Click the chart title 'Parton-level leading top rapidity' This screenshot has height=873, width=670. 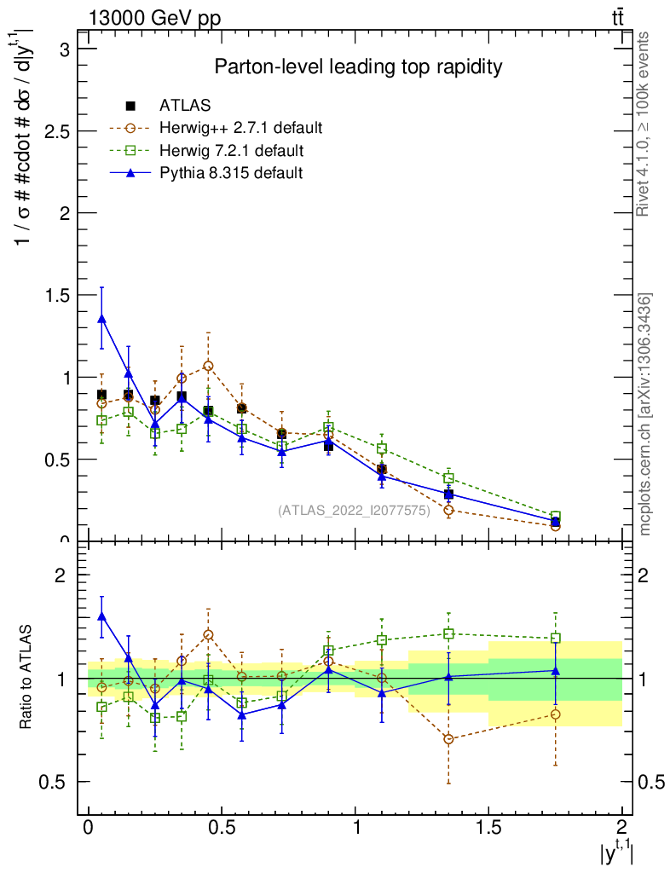point(358,66)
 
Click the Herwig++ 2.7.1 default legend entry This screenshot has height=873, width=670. point(240,129)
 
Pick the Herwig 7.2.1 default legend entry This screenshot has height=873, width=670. point(232,151)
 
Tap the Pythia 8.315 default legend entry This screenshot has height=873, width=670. point(231,173)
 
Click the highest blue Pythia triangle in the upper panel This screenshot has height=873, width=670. point(101,319)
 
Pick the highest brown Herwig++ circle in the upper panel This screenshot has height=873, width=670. point(208,366)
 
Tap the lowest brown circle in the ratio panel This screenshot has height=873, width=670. point(448,739)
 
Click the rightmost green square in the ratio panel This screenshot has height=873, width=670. point(555,638)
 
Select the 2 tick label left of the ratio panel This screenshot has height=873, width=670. point(61,575)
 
